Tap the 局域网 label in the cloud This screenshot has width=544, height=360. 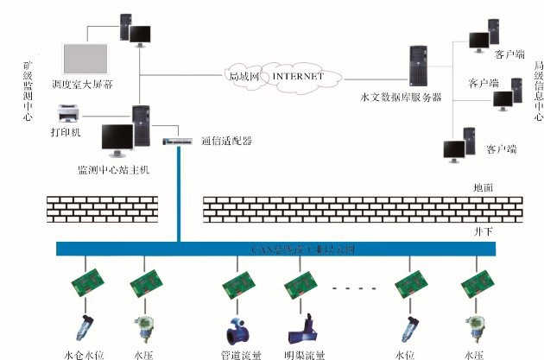coord(246,76)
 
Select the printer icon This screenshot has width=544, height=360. coord(71,113)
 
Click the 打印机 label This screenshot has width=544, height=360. coord(65,132)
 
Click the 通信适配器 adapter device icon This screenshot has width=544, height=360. coord(179,140)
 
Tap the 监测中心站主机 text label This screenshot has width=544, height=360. coord(113,169)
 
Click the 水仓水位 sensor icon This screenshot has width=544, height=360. coord(84,330)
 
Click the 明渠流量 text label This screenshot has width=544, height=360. coord(304,354)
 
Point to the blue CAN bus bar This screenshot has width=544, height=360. coord(276,249)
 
